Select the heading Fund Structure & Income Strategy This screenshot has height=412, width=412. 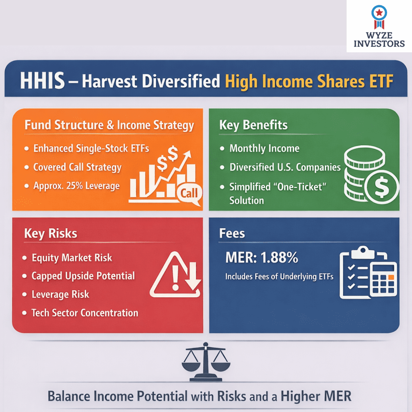point(109,125)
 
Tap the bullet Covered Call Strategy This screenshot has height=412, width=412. point(77,167)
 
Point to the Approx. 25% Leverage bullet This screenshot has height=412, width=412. point(76,185)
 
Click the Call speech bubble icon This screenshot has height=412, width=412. point(188,194)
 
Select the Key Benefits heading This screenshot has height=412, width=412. point(253,125)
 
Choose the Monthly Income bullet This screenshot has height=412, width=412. point(264,148)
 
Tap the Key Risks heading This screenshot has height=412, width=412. point(50,234)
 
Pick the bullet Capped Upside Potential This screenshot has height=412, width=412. point(83,276)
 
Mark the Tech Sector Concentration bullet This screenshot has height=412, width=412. point(85,313)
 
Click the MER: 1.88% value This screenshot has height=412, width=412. point(262,257)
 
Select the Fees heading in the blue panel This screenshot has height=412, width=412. point(232,233)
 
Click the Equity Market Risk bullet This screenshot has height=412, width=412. point(72,257)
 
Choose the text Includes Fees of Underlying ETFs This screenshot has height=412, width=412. point(279,277)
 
